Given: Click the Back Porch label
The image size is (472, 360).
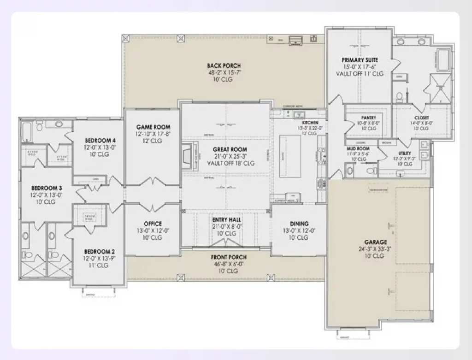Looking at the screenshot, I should coord(224,66).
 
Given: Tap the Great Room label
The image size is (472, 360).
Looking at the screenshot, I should coord(230,150).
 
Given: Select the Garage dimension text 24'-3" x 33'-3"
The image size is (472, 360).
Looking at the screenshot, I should coord(375,249).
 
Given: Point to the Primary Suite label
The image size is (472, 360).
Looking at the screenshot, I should coord(360,60).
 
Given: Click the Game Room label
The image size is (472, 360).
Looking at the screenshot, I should coord(153,127).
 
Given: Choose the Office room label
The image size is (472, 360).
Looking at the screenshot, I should coord(153,224).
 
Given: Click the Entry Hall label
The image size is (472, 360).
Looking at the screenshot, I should coord(226,220).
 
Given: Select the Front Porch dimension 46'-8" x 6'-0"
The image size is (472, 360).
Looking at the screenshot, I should coord(229,264).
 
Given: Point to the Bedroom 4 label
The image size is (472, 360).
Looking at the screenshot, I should coord(100,141).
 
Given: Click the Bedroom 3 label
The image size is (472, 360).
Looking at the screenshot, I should coord(47,188).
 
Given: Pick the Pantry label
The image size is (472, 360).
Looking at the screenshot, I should coord(369,118).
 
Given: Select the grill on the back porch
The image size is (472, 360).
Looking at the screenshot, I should coord(294,41).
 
